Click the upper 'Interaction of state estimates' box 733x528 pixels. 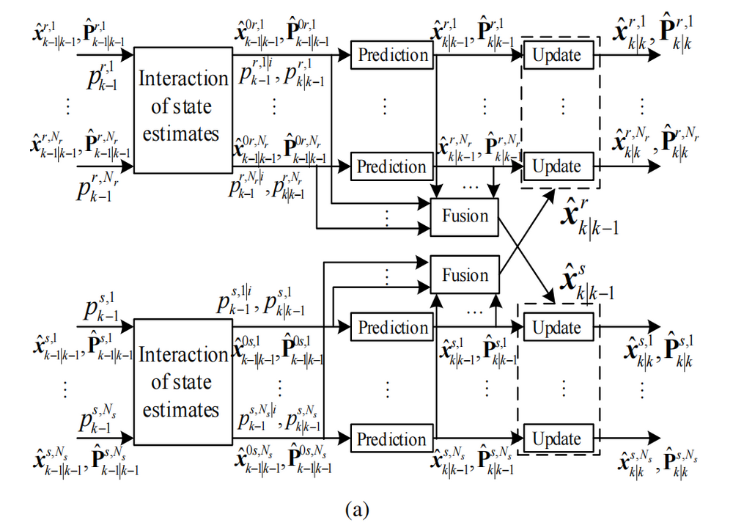click(x=183, y=107)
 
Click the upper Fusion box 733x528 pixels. click(x=464, y=216)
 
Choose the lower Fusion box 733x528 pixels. click(x=464, y=276)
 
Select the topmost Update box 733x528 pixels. click(x=556, y=55)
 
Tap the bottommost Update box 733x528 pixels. click(x=556, y=439)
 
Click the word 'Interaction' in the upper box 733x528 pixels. click(x=183, y=79)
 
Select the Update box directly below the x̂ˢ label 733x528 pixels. click(x=556, y=328)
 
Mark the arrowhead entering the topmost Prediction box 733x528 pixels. click(x=346, y=55)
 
